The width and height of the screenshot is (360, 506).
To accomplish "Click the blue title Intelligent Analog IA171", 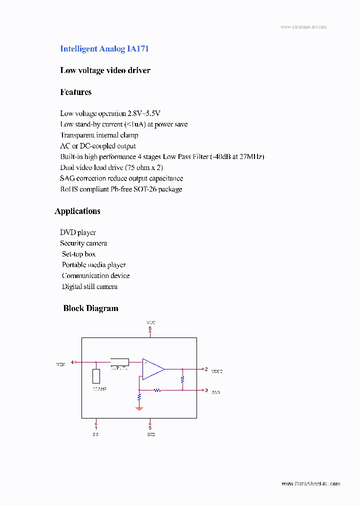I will point(104,49).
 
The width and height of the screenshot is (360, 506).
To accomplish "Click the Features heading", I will point(76,92).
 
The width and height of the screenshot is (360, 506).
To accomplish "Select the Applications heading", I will point(77,211).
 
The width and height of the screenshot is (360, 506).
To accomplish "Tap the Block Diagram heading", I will point(90,308).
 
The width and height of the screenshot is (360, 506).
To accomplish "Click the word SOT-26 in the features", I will point(155,189).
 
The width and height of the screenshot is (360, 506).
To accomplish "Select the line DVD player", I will point(78,232).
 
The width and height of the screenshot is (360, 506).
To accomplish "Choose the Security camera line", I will point(83,243).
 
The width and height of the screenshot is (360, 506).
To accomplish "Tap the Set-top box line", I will point(78,254).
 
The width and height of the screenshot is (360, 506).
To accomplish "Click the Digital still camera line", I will point(90,286).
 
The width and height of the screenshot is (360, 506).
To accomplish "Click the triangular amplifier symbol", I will point(153,369).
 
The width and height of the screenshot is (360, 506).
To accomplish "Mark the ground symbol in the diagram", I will point(139,408).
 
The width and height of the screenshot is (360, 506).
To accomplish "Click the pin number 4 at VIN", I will point(72,362).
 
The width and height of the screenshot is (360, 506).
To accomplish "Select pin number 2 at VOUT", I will point(206,369).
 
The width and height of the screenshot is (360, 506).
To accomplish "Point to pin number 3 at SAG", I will point(206,390).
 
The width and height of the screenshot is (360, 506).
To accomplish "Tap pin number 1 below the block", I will point(96,427).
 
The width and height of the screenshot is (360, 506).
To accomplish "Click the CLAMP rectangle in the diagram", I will point(96,376).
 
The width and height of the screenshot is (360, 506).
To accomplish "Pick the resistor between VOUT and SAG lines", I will point(182,379).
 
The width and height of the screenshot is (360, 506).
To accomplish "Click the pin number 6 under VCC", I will point(150,328).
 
